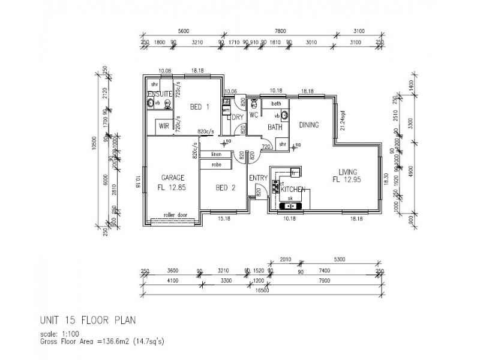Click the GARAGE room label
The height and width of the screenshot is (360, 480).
[x=172, y=178]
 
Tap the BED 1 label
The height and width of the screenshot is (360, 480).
[x=200, y=107]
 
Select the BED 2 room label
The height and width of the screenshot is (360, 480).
[x=225, y=188]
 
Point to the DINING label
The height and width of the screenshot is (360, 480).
[x=308, y=125]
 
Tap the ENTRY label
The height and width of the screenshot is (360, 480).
[x=259, y=178]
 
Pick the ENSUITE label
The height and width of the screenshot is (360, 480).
[x=160, y=95]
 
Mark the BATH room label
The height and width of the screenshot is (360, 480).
[x=275, y=127]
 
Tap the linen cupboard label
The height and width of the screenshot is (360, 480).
[x=216, y=155]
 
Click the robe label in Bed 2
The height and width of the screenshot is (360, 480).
[x=216, y=164]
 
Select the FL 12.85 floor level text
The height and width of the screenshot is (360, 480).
[x=172, y=187]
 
